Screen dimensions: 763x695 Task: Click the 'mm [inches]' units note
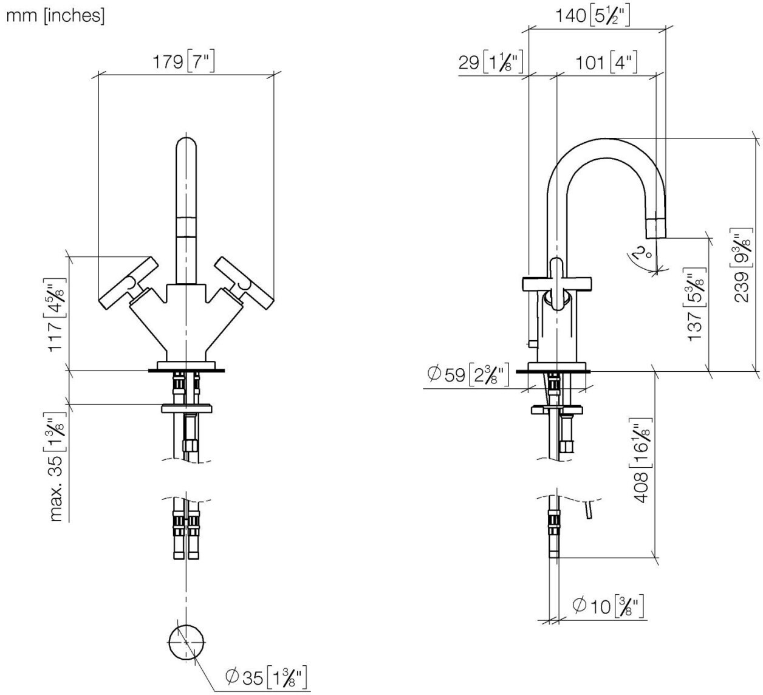tap(55, 16)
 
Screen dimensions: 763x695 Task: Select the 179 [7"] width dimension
tap(185, 62)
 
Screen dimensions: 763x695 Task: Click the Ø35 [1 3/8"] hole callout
tap(265, 676)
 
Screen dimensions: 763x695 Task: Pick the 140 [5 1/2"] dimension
tap(592, 15)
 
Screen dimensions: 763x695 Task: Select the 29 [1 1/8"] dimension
tap(491, 62)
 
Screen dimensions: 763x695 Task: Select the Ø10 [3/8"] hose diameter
tap(607, 606)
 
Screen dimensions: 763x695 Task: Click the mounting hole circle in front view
tap(186, 642)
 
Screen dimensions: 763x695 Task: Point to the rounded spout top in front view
tap(186, 148)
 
